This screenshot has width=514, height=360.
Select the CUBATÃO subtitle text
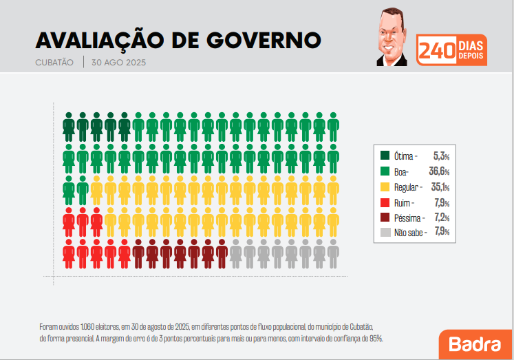pos(54,62)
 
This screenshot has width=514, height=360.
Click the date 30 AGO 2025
pos(118,62)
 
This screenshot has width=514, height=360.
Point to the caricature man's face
pos(391,39)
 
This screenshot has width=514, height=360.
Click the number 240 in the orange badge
pos(435,51)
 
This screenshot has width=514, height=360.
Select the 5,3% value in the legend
pos(440,156)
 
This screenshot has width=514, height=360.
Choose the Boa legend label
pos(402,171)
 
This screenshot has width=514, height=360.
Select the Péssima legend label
pos(409,218)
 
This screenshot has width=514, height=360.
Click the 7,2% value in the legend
pos(441,218)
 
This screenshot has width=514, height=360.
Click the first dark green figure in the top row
pos(69,125)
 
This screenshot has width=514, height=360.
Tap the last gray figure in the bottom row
pos(333,253)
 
